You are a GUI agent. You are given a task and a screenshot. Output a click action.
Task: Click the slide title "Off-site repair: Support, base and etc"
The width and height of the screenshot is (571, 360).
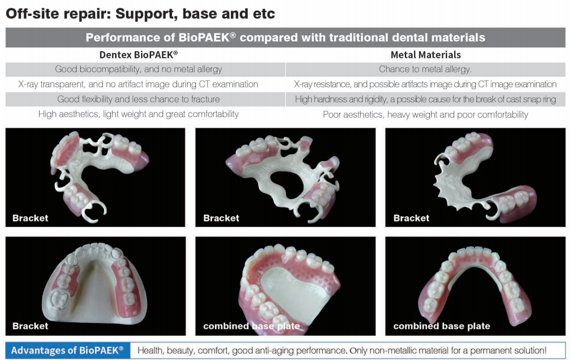tap(140, 14)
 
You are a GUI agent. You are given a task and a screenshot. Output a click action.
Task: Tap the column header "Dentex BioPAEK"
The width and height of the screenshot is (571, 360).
tap(138, 54)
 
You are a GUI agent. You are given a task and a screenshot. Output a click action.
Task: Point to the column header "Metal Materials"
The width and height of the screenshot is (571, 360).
tap(426, 55)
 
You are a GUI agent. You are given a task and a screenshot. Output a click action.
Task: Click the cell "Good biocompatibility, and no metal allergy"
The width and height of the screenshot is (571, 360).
tap(138, 69)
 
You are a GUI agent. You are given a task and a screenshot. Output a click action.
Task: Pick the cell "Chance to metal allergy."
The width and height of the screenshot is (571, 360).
tap(425, 69)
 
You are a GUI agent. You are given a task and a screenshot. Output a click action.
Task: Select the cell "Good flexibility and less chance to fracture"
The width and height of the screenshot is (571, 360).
tap(138, 99)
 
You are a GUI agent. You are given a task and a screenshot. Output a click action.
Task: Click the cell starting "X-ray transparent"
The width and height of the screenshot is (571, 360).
tap(138, 84)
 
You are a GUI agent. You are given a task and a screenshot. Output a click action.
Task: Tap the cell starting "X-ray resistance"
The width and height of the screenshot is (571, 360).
tap(425, 84)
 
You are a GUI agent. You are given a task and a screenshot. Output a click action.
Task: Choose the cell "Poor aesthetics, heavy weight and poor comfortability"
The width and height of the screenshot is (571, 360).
tap(425, 115)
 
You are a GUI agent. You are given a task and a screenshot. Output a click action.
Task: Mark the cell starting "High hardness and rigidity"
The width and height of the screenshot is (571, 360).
tap(425, 99)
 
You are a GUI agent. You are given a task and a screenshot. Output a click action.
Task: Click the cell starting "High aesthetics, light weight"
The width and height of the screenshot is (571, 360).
tap(138, 114)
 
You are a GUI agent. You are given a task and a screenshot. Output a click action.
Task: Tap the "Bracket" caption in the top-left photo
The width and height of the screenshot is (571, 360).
tap(30, 218)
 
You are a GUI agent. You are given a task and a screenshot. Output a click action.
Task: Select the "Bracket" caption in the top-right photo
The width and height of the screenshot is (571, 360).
tap(411, 218)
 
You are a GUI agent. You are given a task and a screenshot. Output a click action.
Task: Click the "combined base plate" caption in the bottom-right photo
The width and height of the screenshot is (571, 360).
tap(442, 326)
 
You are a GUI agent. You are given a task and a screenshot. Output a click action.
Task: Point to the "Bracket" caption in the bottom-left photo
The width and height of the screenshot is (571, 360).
tap(30, 326)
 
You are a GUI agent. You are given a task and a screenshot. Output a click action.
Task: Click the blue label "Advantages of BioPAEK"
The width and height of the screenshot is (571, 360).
tap(68, 350)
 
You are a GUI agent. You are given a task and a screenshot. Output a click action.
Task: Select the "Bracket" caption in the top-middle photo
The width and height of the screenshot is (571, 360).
tap(221, 218)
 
